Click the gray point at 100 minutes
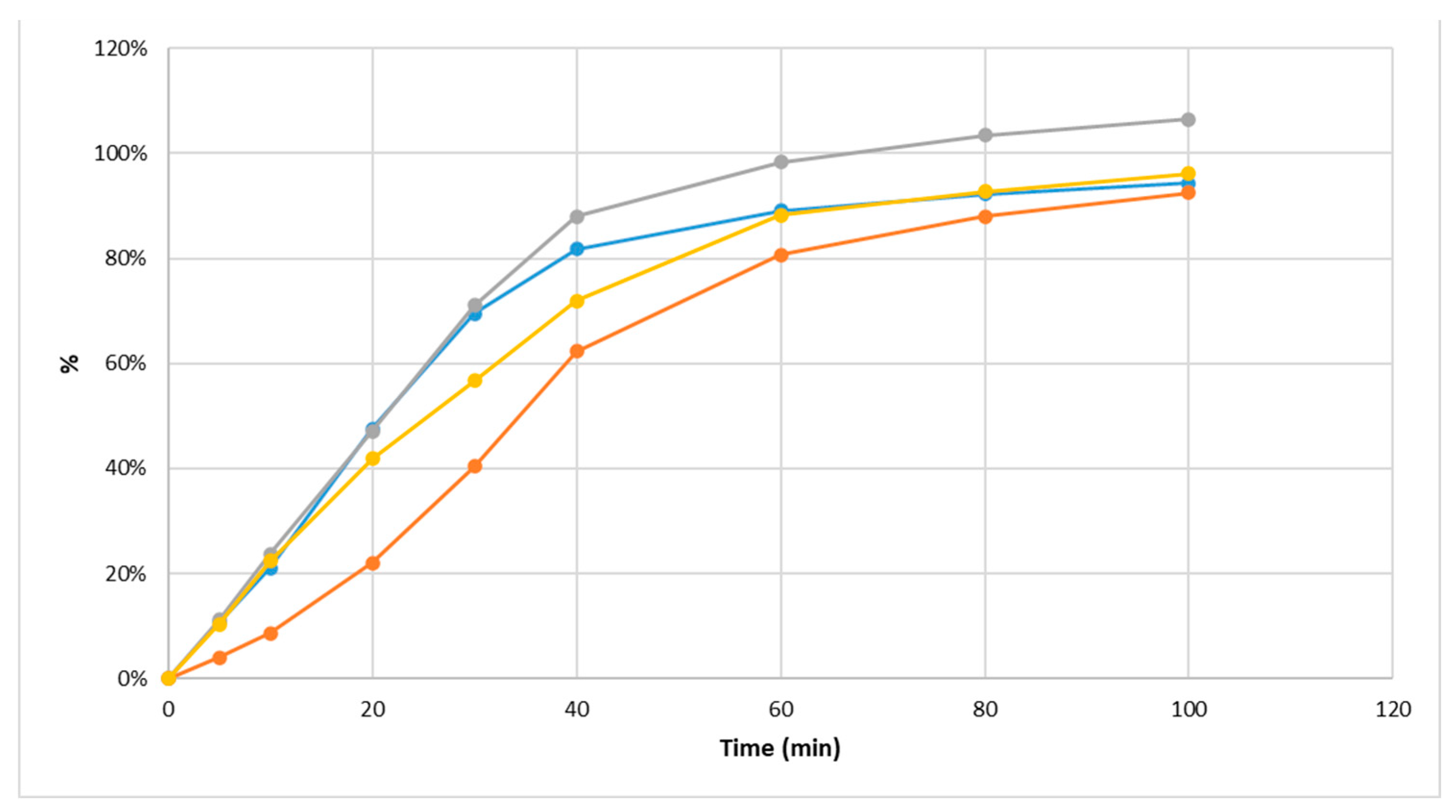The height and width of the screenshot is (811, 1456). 1188,120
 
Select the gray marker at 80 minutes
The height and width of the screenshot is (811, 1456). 985,135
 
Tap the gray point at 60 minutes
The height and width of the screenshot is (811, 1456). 781,162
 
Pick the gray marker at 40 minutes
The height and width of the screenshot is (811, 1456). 577,217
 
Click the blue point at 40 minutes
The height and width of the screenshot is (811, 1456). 577,249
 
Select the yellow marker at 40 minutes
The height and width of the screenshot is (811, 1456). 577,301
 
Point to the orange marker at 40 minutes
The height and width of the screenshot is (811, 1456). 577,351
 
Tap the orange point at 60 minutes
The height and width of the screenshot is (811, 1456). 781,255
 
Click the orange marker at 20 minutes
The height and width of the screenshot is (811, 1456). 373,563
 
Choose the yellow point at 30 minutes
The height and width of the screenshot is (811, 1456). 475,380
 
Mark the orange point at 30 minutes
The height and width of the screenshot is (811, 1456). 475,466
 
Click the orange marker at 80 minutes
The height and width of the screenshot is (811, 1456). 985,217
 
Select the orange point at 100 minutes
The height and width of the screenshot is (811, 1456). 1188,193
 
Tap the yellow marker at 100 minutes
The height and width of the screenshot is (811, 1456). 1188,173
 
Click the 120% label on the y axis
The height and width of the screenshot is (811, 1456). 120,48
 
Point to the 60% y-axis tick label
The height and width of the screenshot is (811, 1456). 125,363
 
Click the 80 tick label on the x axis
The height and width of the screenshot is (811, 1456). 985,709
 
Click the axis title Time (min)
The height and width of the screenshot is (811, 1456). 780,748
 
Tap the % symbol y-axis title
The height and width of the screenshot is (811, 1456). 70,363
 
